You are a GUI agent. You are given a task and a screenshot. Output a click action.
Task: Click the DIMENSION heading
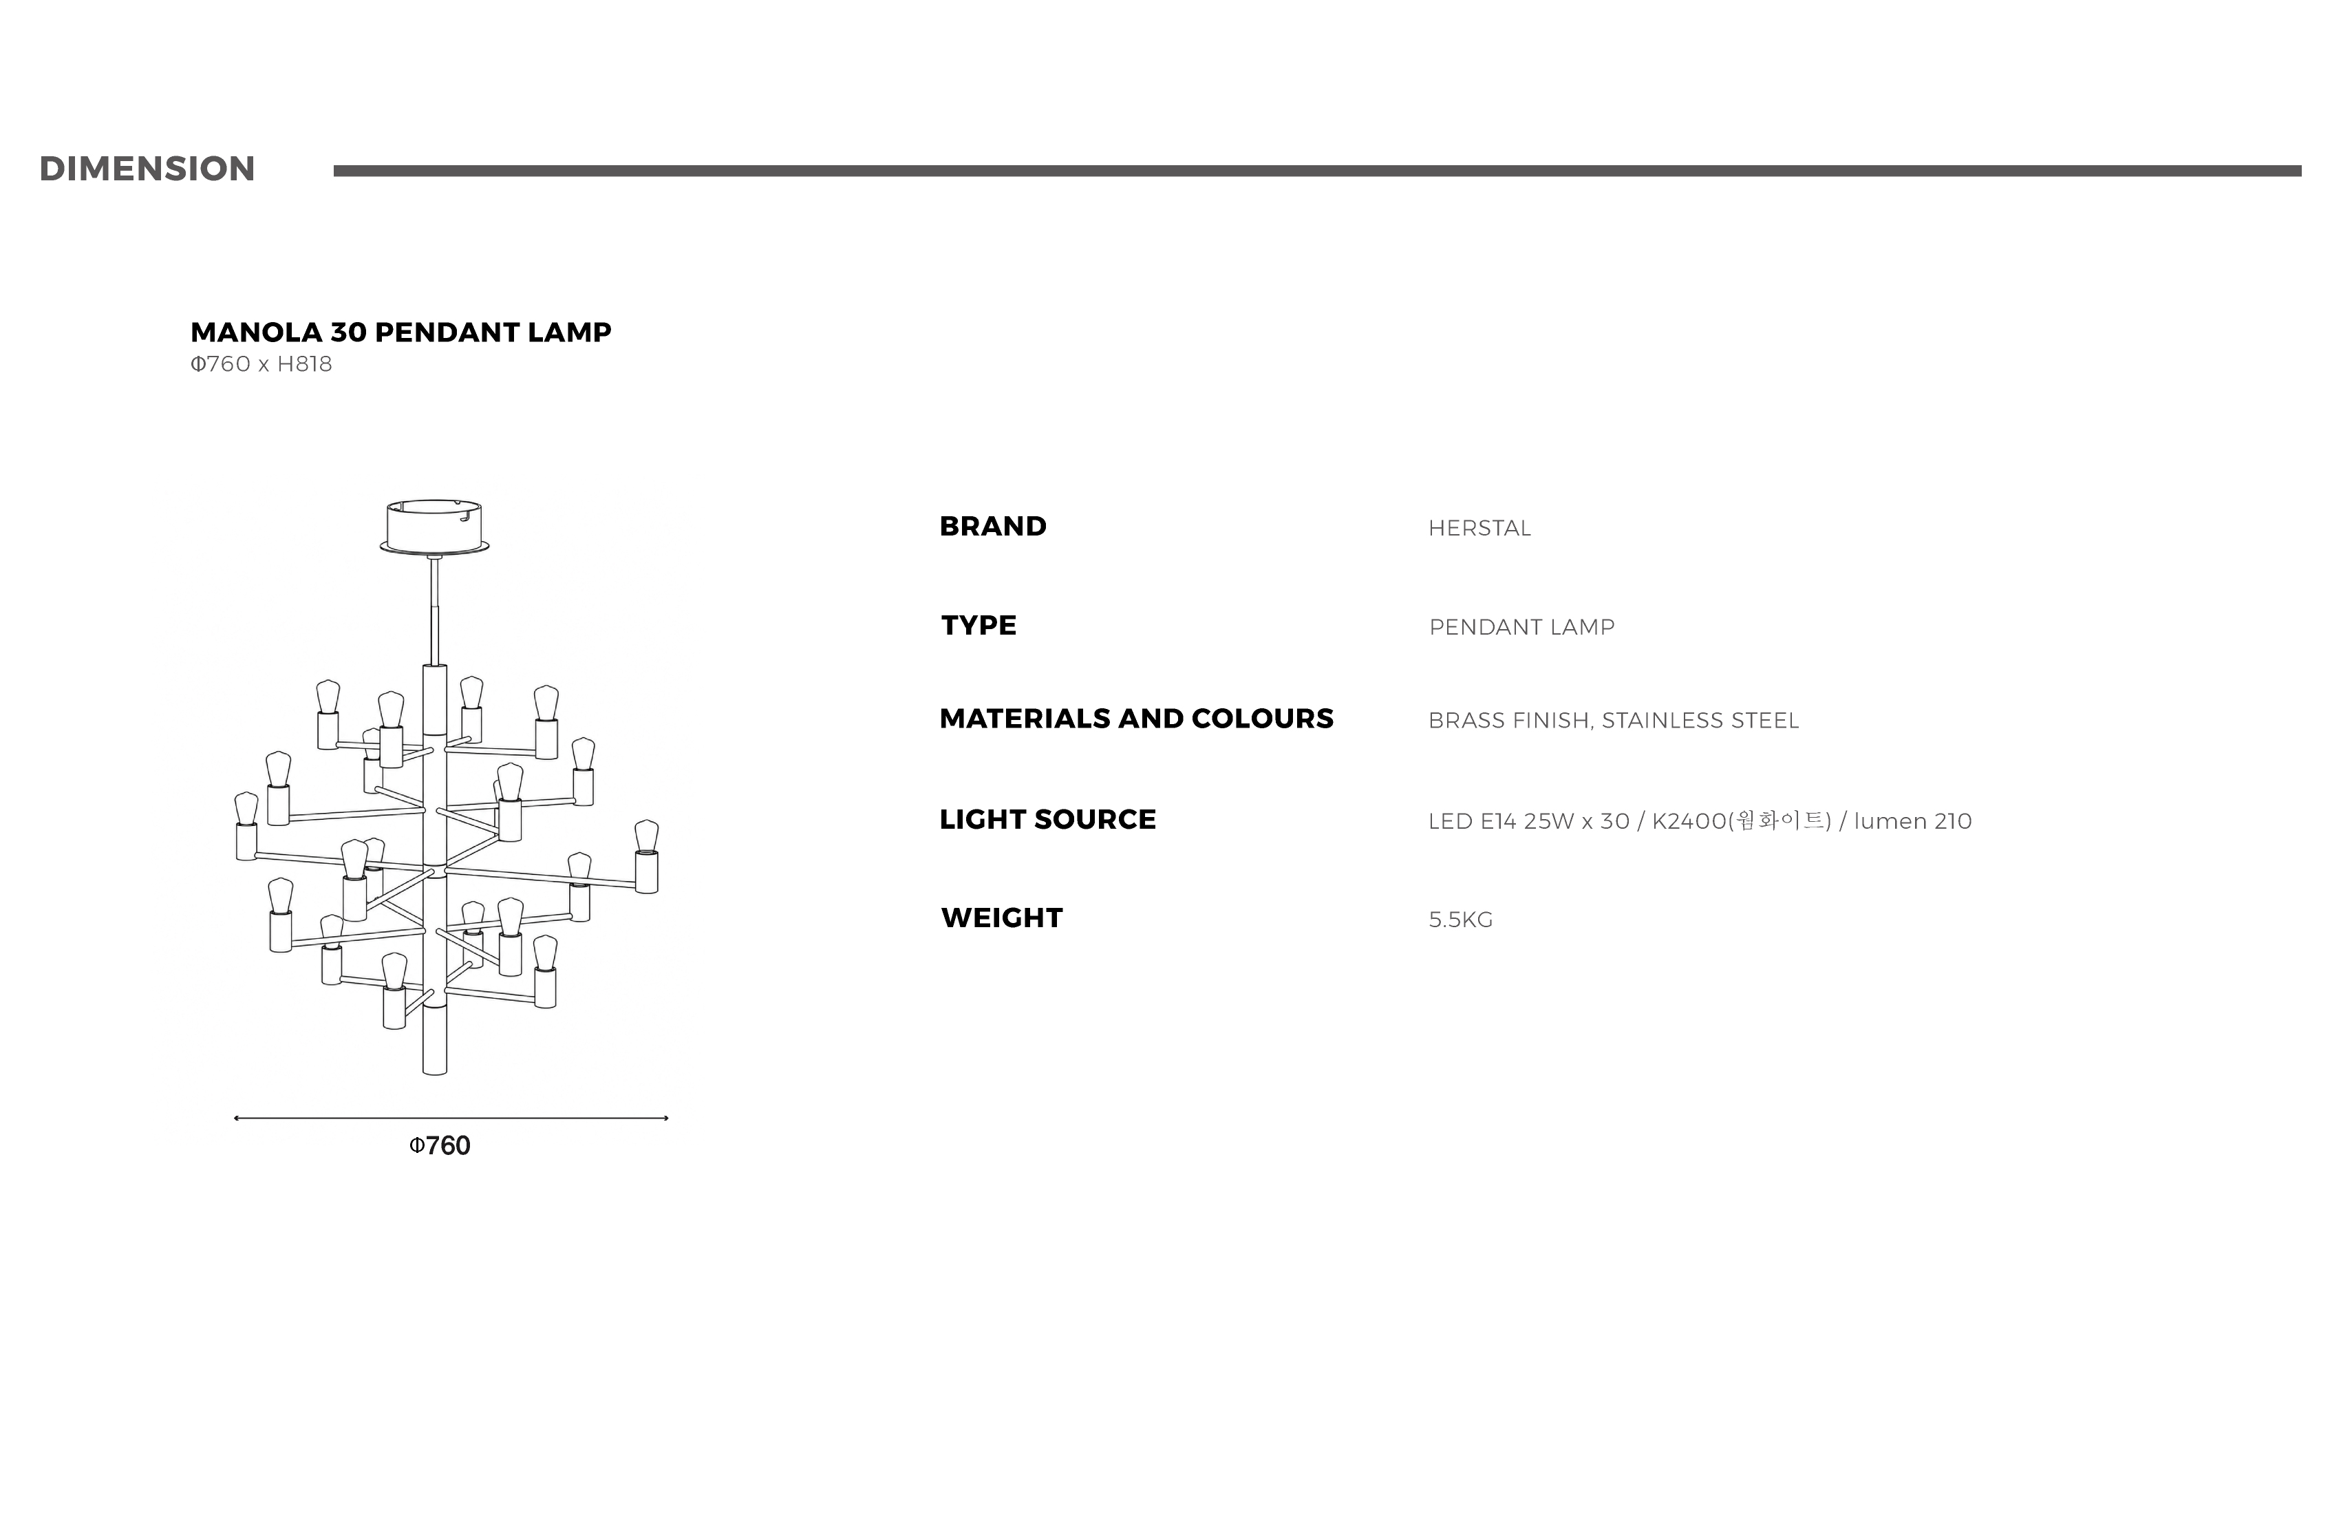147,169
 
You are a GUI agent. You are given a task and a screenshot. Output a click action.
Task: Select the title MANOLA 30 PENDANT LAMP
401,332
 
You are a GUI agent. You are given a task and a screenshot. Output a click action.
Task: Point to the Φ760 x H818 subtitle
261,364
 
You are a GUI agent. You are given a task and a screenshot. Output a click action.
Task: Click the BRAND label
994,527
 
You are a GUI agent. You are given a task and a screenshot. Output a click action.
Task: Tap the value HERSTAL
1479,529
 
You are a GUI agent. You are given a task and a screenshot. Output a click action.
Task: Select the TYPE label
979,626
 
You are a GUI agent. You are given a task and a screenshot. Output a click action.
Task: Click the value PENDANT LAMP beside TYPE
1521,628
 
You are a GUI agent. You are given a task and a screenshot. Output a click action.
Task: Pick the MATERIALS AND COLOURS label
1137,719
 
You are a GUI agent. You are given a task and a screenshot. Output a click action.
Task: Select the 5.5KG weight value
1461,920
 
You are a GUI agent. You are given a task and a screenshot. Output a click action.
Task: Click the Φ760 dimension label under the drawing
440,1146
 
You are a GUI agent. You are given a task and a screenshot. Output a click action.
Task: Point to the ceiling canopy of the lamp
435,527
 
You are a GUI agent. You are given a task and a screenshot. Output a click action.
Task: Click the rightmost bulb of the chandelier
646,836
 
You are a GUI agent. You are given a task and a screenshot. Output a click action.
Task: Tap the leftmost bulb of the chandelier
246,809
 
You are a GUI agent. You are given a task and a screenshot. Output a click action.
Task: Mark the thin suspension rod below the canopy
434,610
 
